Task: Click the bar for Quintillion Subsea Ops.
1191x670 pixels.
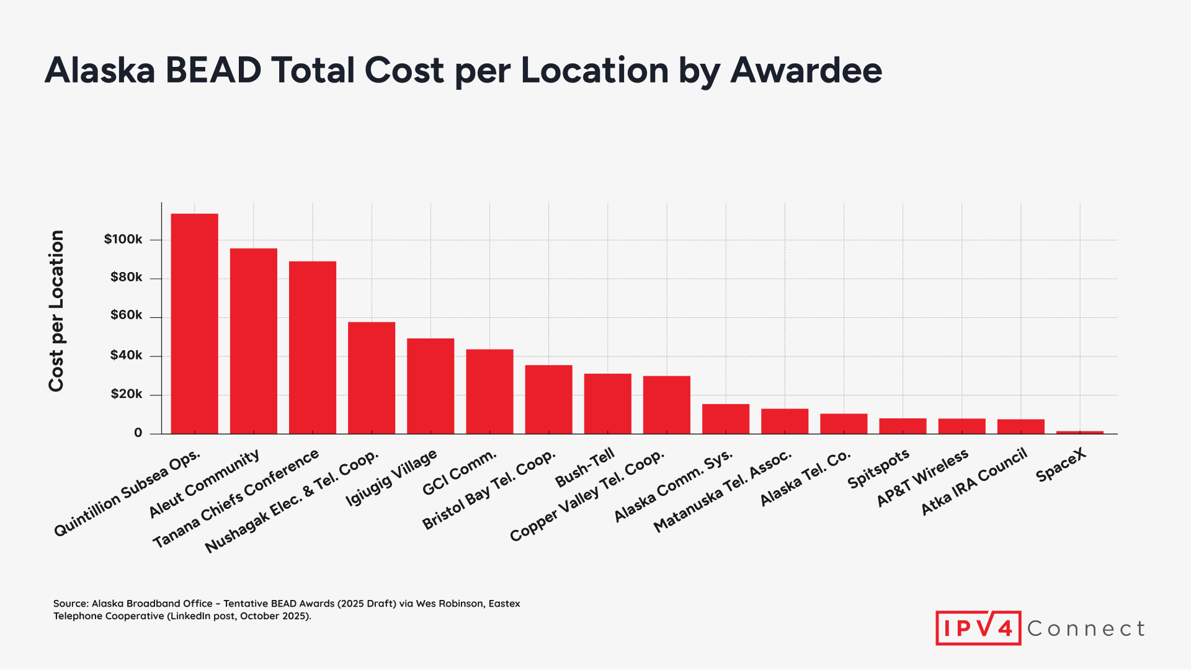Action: (x=194, y=324)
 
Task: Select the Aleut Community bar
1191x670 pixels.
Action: (x=253, y=341)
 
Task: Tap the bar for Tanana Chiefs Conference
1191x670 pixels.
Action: (x=313, y=347)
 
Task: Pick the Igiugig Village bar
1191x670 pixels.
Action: (x=430, y=386)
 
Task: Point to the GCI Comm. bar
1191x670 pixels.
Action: (x=489, y=391)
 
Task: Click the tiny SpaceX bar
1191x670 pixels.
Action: (x=1079, y=432)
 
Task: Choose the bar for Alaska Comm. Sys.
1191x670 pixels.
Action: (x=726, y=419)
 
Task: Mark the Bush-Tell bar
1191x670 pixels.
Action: (x=607, y=403)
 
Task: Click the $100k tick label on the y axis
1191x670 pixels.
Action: (x=123, y=239)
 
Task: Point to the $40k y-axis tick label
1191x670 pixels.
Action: (x=126, y=355)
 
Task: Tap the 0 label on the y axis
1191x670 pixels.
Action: (x=138, y=433)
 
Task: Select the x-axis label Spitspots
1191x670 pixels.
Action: (x=878, y=469)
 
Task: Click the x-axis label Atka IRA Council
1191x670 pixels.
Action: (x=974, y=482)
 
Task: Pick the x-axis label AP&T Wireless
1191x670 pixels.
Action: (x=922, y=478)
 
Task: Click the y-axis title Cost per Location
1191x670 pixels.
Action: (x=56, y=311)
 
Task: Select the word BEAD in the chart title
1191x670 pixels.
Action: (x=213, y=70)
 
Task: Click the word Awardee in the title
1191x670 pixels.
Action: (x=806, y=70)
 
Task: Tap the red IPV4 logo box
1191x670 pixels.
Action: (x=978, y=628)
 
